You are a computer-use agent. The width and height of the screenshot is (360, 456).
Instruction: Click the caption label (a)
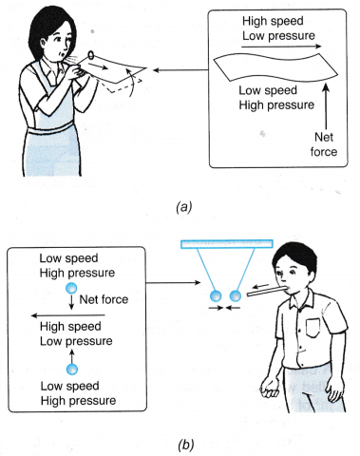(x=182, y=201)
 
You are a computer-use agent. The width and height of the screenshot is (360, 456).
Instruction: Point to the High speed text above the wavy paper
(x=267, y=20)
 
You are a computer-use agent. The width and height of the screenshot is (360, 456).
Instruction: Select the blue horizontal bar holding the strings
(x=227, y=244)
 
